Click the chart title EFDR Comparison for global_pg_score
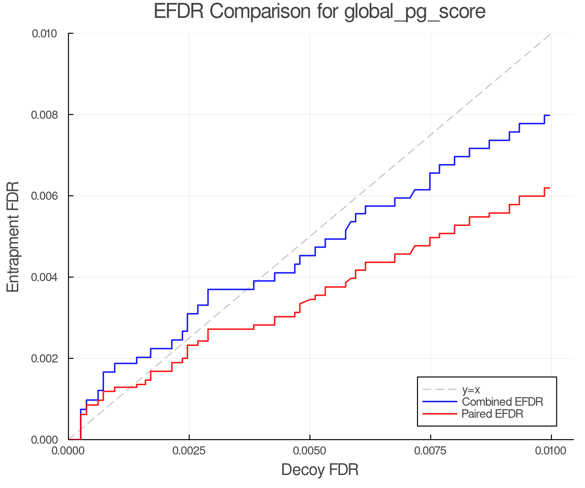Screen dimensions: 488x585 point(319,12)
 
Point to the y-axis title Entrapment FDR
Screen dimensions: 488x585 point(13,237)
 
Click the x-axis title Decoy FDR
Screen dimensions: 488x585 point(319,470)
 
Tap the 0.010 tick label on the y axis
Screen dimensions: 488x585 point(44,34)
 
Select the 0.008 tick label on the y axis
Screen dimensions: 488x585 point(44,115)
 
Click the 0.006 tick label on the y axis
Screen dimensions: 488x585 point(44,196)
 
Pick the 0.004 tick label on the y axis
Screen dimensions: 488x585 point(44,277)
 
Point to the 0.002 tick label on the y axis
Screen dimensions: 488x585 point(44,359)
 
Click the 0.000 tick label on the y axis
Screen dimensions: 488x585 point(44,440)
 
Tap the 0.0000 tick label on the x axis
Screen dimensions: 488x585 point(68,451)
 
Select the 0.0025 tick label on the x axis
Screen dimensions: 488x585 point(189,451)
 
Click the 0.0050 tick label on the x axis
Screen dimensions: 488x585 point(310,451)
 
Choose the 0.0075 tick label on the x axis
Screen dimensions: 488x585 point(431,451)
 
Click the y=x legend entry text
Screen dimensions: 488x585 point(471,389)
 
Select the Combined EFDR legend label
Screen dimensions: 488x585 point(502,402)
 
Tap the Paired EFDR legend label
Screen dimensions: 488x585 point(492,414)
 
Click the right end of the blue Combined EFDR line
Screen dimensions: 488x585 point(549,115)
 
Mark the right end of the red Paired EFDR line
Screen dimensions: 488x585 point(549,188)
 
